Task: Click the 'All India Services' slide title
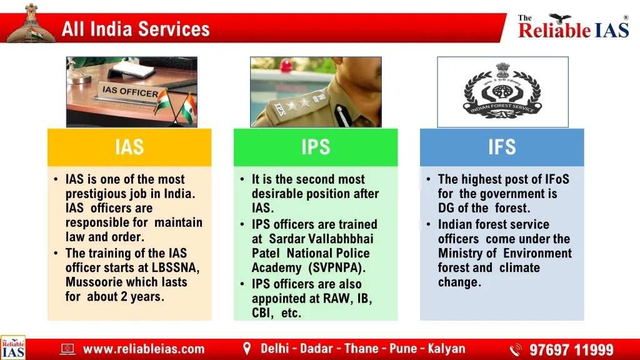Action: pyautogui.click(x=136, y=29)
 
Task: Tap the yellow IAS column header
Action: pyautogui.click(x=129, y=147)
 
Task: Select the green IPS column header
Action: pyautogui.click(x=316, y=147)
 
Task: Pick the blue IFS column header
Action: pyautogui.click(x=502, y=147)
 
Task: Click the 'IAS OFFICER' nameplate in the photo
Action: pyautogui.click(x=130, y=92)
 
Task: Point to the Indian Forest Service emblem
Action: pyautogui.click(x=502, y=91)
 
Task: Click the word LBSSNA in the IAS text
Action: pyautogui.click(x=175, y=267)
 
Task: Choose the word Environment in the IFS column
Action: pyautogui.click(x=537, y=253)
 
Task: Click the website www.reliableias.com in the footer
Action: pyautogui.click(x=144, y=349)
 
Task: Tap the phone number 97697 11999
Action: pyautogui.click(x=571, y=350)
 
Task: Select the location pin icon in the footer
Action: pyautogui.click(x=246, y=349)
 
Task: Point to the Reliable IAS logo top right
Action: pyautogui.click(x=574, y=26)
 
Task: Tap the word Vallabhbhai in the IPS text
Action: pyautogui.click(x=341, y=239)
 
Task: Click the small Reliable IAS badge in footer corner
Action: pyautogui.click(x=13, y=347)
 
